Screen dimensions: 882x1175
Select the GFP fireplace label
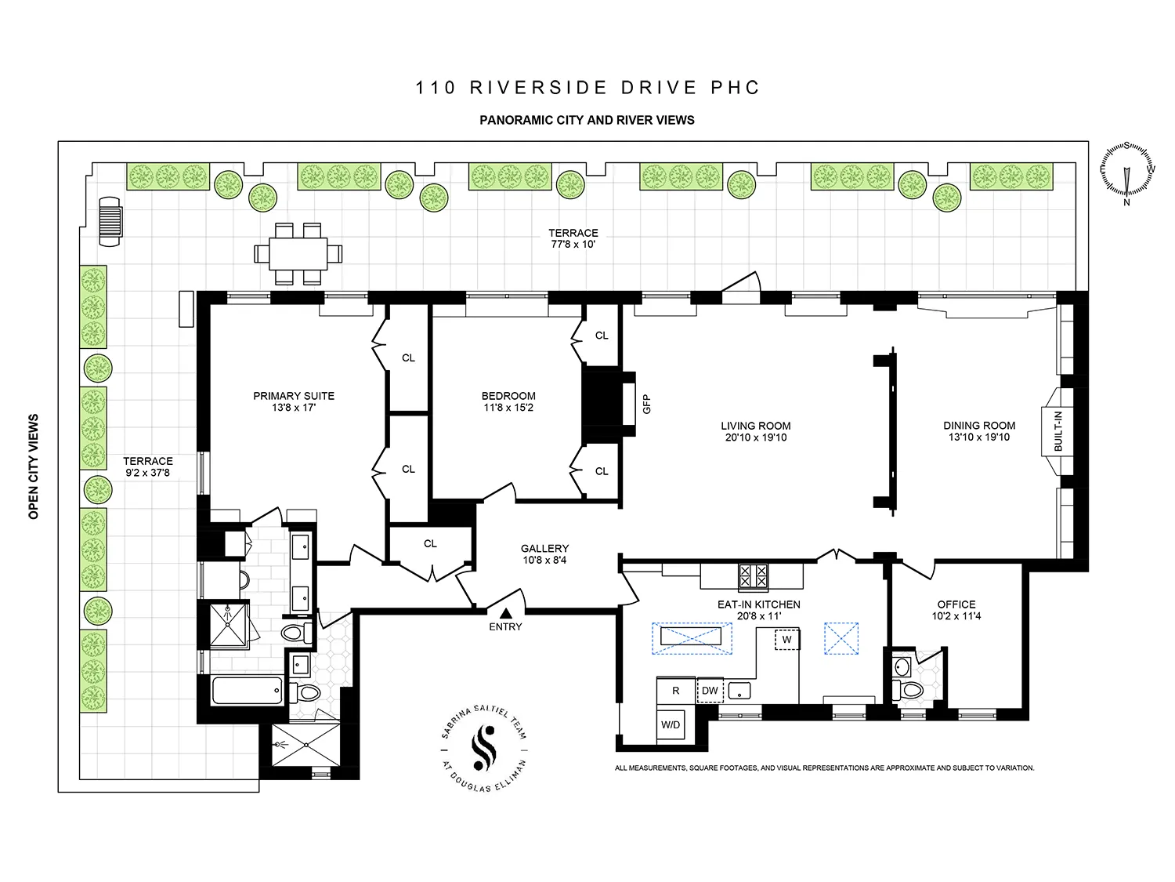coord(647,404)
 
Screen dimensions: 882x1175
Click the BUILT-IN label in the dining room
coord(1058,430)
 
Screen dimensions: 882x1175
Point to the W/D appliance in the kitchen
coord(671,724)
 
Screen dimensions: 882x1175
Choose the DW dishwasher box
coord(710,691)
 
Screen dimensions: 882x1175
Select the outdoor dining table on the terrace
coord(298,253)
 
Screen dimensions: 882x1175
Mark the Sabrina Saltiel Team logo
coord(483,751)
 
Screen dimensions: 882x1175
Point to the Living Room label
coord(755,426)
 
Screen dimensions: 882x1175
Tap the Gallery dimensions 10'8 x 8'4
coord(544,561)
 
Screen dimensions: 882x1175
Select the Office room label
coord(956,604)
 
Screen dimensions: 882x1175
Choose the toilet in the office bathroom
coord(909,691)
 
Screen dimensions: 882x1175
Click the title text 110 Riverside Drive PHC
coord(587,87)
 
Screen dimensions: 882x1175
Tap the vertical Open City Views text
coord(34,466)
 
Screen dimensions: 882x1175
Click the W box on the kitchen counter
coord(786,639)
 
